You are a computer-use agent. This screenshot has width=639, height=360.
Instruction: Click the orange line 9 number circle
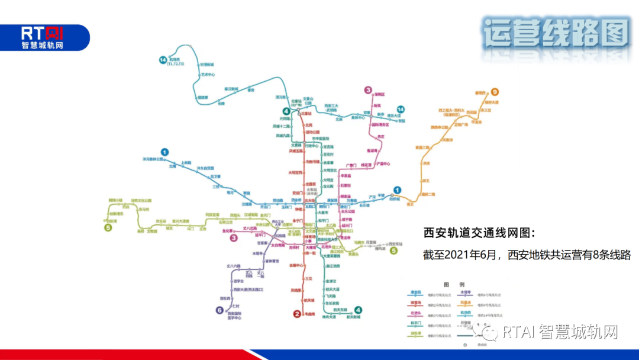click(x=495, y=92)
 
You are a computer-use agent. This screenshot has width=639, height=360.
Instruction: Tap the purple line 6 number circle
click(x=220, y=309)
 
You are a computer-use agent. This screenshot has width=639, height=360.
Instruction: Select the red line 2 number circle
click(x=298, y=314)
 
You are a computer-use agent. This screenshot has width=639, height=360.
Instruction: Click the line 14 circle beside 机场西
click(x=163, y=60)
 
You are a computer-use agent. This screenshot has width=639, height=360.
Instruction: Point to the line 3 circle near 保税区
click(x=368, y=91)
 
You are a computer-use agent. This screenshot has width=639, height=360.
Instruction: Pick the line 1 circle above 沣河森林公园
click(x=165, y=152)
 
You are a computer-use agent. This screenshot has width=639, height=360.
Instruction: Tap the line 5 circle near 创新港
click(x=108, y=227)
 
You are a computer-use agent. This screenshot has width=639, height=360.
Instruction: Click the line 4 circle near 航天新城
click(x=358, y=309)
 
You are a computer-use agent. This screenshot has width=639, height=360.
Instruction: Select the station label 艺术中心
click(x=208, y=75)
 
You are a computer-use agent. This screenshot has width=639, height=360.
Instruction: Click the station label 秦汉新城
click(x=231, y=89)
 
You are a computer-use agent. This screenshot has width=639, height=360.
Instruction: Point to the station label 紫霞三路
click(x=422, y=147)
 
